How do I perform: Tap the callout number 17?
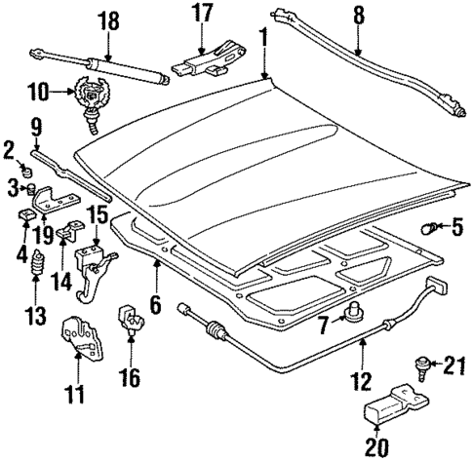pyautogui.click(x=201, y=14)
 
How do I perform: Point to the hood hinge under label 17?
pyautogui.click(x=205, y=61)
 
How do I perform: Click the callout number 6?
pyautogui.click(x=154, y=304)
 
